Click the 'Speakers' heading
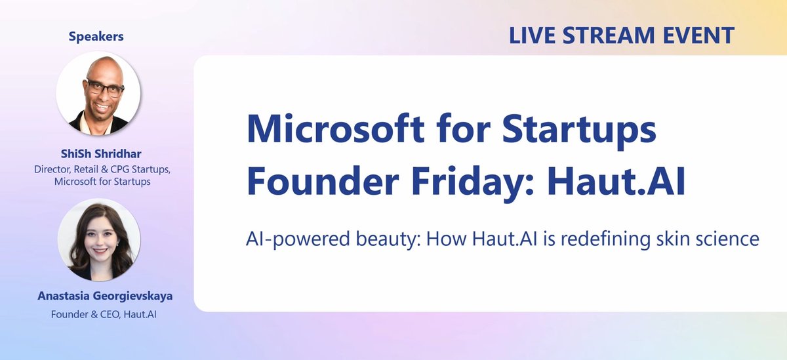tap(96, 37)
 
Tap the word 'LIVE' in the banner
tap(533, 35)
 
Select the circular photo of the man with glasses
tap(98, 94)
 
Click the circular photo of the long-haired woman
tap(98, 240)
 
